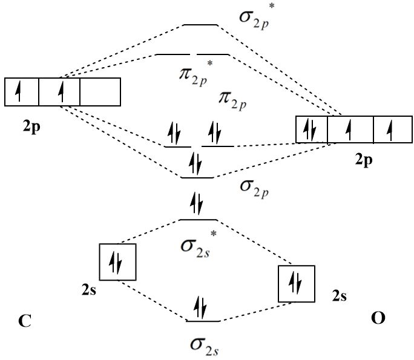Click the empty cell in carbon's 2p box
[x=100, y=92]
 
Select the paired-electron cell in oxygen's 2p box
[x=311, y=129]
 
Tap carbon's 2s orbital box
[x=118, y=262]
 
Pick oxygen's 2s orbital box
[x=296, y=283]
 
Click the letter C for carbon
[x=24, y=321]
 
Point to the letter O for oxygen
[x=378, y=318]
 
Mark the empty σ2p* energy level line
[x=200, y=25]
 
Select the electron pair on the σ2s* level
[x=197, y=203]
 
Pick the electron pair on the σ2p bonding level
[x=196, y=164]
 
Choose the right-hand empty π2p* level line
[x=213, y=54]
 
